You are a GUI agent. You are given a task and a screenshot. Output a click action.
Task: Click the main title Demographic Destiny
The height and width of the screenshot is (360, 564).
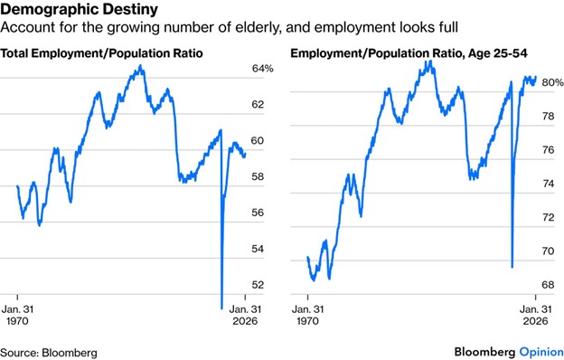tap(80, 9)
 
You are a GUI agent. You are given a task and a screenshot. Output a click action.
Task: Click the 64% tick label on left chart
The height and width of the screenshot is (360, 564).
tap(263, 69)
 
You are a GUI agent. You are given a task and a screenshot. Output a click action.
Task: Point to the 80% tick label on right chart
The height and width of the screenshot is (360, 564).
tap(552, 82)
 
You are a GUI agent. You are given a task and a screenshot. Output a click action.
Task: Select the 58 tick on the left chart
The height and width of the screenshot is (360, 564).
tap(258, 176)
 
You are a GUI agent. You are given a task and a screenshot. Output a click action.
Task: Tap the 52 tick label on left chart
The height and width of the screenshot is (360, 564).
tap(258, 285)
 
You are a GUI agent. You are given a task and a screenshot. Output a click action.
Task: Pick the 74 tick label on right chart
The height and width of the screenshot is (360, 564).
tap(548, 184)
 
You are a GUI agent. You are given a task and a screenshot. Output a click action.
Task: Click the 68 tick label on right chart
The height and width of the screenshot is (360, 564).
tap(548, 285)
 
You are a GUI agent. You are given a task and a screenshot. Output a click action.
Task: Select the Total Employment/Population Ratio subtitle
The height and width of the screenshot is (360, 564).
tap(101, 53)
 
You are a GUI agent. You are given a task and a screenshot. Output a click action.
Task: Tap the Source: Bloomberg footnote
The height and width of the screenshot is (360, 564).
tap(49, 353)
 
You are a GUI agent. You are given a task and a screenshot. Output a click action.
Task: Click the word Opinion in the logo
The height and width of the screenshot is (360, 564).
tap(541, 352)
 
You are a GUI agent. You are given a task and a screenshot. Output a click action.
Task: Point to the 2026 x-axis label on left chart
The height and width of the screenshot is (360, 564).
tap(245, 321)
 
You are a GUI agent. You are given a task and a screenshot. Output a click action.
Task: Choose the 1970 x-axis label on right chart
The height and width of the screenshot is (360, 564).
tap(308, 321)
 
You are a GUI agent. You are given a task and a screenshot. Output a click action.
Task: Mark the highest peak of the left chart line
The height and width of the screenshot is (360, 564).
tap(140, 66)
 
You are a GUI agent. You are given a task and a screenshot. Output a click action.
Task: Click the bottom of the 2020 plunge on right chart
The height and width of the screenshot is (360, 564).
tap(512, 267)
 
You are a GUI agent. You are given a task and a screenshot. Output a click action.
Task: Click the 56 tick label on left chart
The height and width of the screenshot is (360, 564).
tap(258, 213)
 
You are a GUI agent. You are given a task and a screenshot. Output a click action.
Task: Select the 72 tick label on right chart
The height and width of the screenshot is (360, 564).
tap(548, 217)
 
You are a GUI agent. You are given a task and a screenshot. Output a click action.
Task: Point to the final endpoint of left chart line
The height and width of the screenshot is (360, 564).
tap(245, 155)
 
